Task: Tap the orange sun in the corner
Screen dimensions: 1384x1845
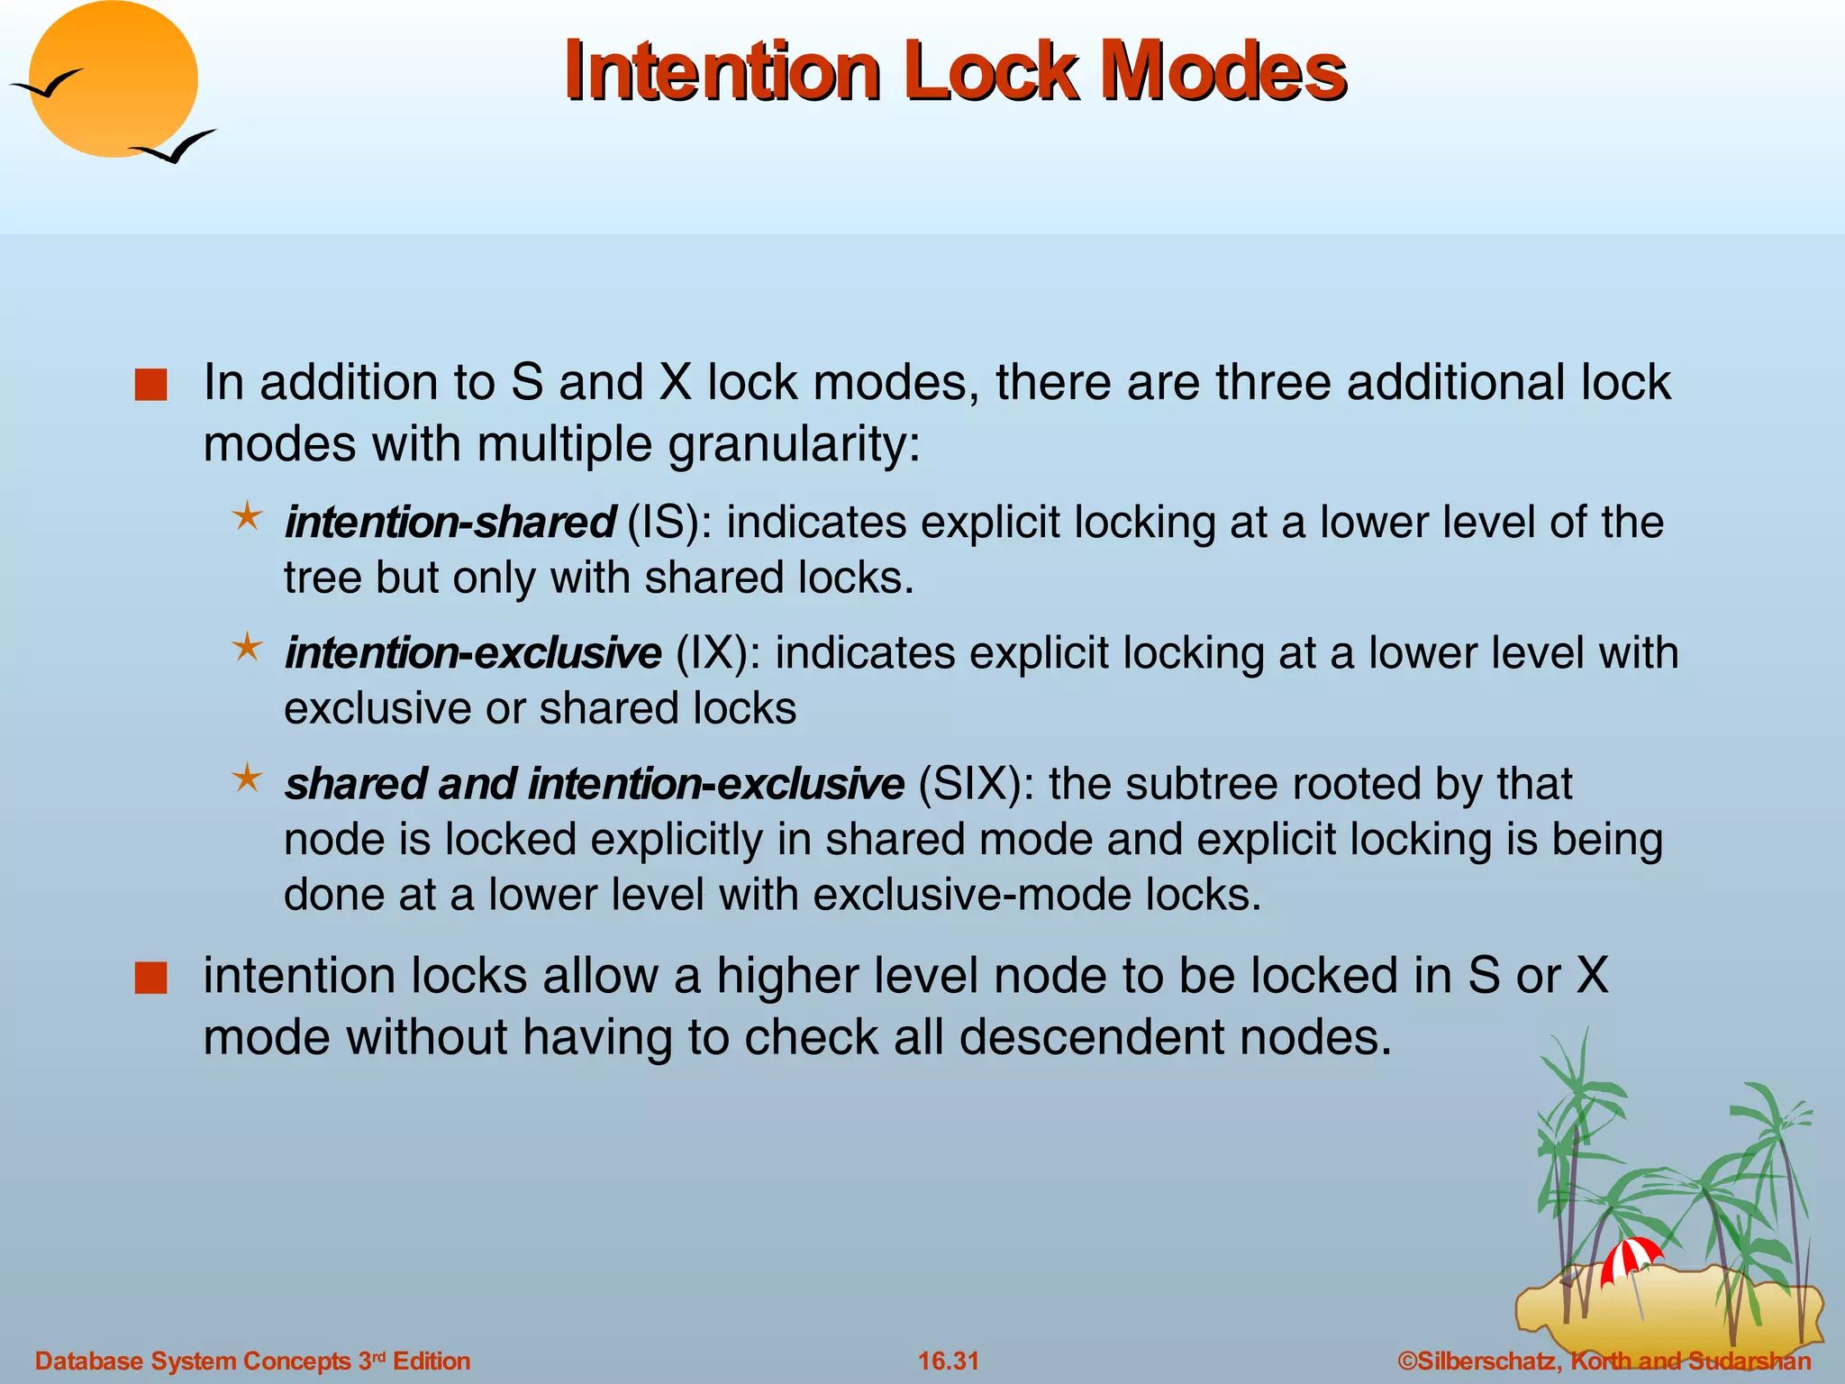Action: coord(114,79)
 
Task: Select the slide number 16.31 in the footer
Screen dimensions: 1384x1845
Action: coord(948,1361)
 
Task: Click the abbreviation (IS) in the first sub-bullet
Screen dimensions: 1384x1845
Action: coord(662,523)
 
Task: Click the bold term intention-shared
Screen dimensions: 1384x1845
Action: coord(450,523)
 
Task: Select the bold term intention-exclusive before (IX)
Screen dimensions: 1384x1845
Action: coord(473,653)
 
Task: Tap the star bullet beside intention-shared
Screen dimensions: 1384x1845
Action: coord(247,517)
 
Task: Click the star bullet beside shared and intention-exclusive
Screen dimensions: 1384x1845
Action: coord(247,778)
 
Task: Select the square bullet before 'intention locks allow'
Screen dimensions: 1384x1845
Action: coord(150,979)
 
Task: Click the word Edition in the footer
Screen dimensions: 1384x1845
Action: coord(432,1361)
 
